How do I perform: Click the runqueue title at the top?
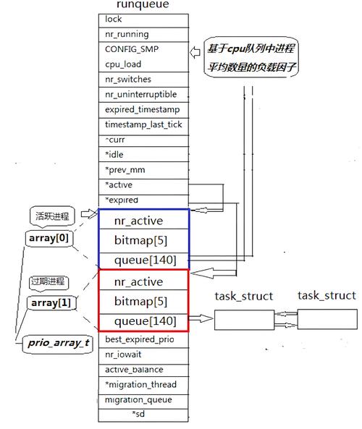point(143,5)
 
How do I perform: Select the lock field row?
point(143,19)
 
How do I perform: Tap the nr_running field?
point(143,34)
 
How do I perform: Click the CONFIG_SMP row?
point(143,49)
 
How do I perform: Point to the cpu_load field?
point(143,64)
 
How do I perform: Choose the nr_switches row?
point(143,80)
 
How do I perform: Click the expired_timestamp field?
point(143,109)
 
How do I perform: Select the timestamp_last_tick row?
point(143,124)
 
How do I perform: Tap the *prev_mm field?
point(143,170)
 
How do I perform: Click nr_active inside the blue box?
point(143,221)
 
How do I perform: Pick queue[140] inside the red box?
point(143,320)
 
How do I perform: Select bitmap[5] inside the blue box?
point(143,240)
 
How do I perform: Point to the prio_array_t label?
point(57,343)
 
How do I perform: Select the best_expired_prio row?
point(143,339)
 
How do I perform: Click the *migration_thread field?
point(143,384)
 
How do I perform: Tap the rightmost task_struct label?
point(327,295)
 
